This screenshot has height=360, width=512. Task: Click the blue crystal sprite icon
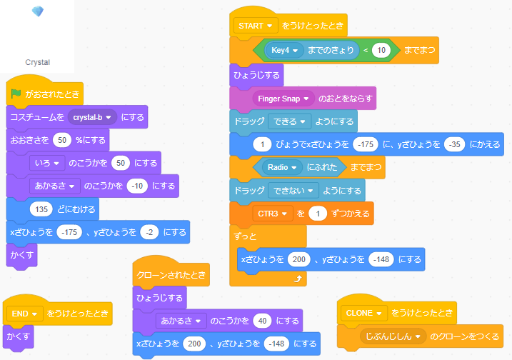[38, 11]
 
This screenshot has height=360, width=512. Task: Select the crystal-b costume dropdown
[93, 117]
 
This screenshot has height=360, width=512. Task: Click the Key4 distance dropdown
[283, 51]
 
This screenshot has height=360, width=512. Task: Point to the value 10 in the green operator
[382, 51]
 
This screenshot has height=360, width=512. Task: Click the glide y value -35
[453, 144]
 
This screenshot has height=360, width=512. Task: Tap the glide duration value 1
[263, 144]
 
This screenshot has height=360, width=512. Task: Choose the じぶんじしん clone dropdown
[392, 336]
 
